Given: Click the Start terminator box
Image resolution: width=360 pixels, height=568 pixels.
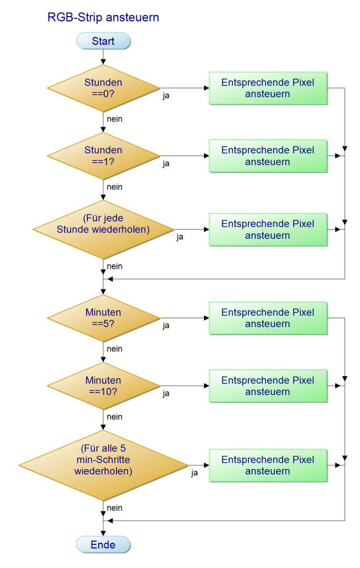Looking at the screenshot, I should pyautogui.click(x=103, y=41).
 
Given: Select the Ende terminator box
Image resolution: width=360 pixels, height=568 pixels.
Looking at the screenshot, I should pyautogui.click(x=103, y=545).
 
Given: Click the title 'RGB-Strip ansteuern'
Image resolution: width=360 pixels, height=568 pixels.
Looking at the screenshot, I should pyautogui.click(x=103, y=18).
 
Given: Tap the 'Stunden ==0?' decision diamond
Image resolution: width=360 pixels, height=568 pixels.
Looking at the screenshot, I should pyautogui.click(x=103, y=88).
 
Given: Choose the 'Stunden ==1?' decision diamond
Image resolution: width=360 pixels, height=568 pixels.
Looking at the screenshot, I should pyautogui.click(x=103, y=156).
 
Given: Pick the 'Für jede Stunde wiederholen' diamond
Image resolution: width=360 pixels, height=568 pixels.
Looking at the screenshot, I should pyautogui.click(x=103, y=229).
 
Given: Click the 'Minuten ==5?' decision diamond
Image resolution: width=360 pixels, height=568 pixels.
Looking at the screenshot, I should pyautogui.click(x=103, y=318).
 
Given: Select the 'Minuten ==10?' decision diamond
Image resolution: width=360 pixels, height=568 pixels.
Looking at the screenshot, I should pyautogui.click(x=103, y=386).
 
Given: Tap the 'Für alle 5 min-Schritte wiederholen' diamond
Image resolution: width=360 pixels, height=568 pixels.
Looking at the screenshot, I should pyautogui.click(x=103, y=466).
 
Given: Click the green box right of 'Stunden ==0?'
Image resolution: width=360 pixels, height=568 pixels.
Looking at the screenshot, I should pyautogui.click(x=268, y=88).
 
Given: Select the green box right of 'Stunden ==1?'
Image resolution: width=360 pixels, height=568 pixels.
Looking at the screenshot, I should pyautogui.click(x=268, y=156).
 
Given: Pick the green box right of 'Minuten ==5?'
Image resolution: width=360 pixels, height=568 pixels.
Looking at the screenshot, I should pyautogui.click(x=268, y=318).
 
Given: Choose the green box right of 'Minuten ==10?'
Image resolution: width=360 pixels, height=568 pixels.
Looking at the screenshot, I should pyautogui.click(x=268, y=386).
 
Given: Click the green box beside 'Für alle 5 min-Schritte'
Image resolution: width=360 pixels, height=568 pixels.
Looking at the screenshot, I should pyautogui.click(x=268, y=466).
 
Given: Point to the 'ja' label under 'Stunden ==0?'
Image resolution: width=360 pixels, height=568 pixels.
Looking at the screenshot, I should pyautogui.click(x=166, y=96).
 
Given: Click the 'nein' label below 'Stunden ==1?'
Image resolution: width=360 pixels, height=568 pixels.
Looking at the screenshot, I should pyautogui.click(x=114, y=187).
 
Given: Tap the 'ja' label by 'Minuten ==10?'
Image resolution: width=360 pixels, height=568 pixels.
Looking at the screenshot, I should pyautogui.click(x=166, y=393).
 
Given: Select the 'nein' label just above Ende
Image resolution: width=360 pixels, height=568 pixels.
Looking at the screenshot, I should pyautogui.click(x=114, y=508).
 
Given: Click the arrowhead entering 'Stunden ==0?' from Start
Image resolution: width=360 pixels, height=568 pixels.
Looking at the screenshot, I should pyautogui.click(x=103, y=62).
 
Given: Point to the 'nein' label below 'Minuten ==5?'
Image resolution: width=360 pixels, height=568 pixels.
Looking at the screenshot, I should pyautogui.click(x=114, y=349).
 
